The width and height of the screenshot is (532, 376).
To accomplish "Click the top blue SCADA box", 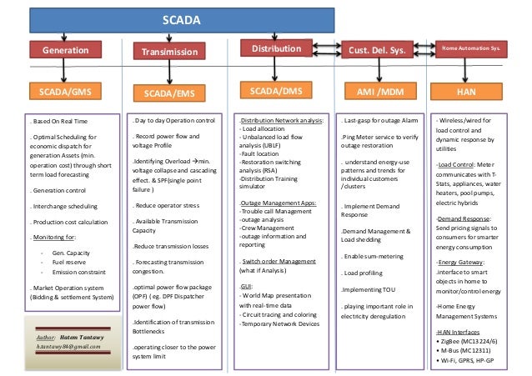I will [169, 19].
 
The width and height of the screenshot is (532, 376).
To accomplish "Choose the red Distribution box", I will [277, 50].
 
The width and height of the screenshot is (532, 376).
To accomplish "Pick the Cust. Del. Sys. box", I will [375, 51].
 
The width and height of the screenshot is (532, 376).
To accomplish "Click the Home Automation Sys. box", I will [470, 50].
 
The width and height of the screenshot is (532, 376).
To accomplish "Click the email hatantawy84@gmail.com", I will [73, 345].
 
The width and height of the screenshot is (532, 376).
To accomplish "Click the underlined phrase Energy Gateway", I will [455, 263].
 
